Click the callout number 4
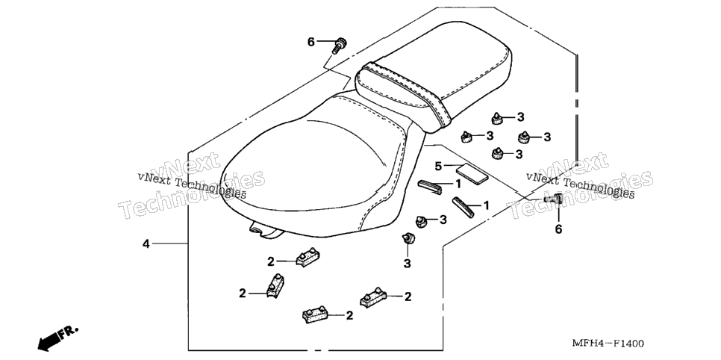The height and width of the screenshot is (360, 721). click(x=146, y=244)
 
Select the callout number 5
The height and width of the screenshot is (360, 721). click(x=438, y=165)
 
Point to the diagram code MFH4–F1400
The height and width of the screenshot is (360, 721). click(x=608, y=344)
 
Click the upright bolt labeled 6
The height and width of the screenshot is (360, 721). click(x=340, y=46)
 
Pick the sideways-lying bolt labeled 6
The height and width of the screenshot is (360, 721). click(x=554, y=199)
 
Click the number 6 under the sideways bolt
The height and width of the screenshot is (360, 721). click(x=558, y=229)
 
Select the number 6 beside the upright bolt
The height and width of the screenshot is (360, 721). click(x=310, y=43)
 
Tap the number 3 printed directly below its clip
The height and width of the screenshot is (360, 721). click(x=408, y=264)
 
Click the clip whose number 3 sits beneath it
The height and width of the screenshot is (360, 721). click(x=408, y=238)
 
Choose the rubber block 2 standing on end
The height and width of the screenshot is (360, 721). click(x=275, y=285)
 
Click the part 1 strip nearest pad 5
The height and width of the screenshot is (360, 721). click(x=429, y=186)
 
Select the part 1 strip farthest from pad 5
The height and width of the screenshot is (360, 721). click(x=463, y=207)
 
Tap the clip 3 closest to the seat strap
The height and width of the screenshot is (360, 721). click(x=497, y=119)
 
